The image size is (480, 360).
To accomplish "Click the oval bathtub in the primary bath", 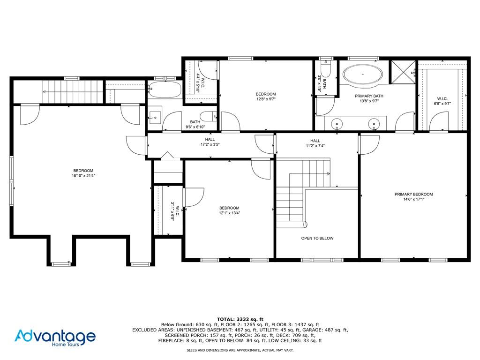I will [x=363, y=74].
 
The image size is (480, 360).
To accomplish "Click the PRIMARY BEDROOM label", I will [x=413, y=194].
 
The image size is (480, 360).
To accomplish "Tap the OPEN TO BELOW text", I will [x=317, y=238].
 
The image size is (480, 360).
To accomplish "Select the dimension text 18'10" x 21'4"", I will [x=83, y=176].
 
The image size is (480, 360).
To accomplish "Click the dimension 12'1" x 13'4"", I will [x=229, y=213].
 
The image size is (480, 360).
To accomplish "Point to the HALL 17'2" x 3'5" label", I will [x=210, y=142].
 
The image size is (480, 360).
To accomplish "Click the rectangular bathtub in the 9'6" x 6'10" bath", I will [x=165, y=90].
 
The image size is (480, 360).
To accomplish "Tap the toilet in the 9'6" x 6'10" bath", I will [x=208, y=116].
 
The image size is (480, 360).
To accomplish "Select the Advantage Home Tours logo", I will [x=55, y=337].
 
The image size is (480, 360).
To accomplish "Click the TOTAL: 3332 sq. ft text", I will [x=240, y=319].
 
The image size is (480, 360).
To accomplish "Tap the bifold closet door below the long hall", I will [x=167, y=156].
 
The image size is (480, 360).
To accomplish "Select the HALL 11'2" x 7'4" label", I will [x=315, y=143].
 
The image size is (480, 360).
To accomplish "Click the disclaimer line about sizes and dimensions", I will [x=240, y=350].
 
